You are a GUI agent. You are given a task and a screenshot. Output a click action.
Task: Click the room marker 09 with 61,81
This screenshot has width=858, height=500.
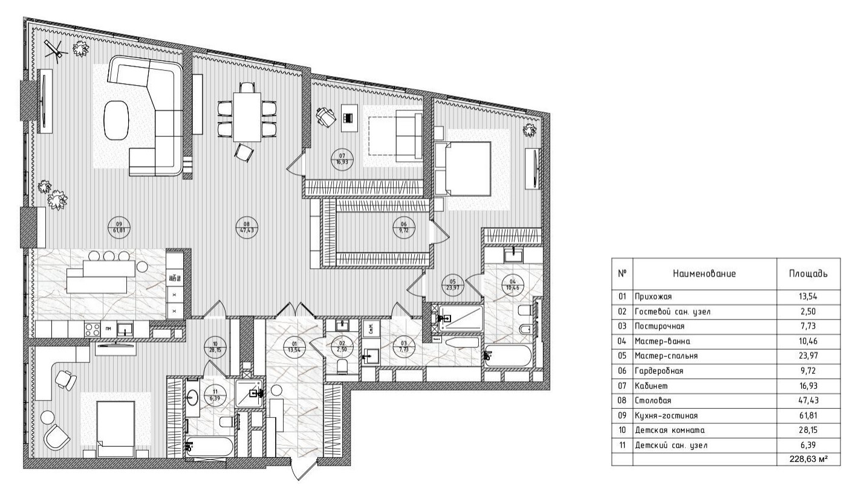[x=119, y=228]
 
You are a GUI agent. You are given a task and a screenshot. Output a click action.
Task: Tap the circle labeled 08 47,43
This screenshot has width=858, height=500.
[x=247, y=228]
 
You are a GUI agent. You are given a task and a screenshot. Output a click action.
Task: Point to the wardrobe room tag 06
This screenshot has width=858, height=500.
[x=404, y=228]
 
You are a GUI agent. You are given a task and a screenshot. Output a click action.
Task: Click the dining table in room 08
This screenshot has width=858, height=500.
[x=247, y=117]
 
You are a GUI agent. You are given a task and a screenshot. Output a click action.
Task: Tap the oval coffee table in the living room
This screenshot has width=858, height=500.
[x=116, y=120]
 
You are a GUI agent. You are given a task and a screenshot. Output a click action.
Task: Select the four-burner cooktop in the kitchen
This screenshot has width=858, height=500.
[x=93, y=330]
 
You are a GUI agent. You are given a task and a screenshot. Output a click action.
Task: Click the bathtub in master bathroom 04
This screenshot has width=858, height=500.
[x=509, y=356]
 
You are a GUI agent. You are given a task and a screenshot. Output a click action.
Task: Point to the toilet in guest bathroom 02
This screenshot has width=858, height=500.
[x=342, y=366]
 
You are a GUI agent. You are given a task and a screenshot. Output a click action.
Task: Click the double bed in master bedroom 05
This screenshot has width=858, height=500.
[x=463, y=169]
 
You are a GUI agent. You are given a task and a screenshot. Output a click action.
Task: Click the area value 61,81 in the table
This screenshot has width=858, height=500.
[x=808, y=415]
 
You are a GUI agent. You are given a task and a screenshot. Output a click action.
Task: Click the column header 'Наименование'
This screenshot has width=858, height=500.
[x=704, y=274]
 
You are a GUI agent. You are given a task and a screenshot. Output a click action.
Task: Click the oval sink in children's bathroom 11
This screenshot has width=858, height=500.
[x=192, y=399]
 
